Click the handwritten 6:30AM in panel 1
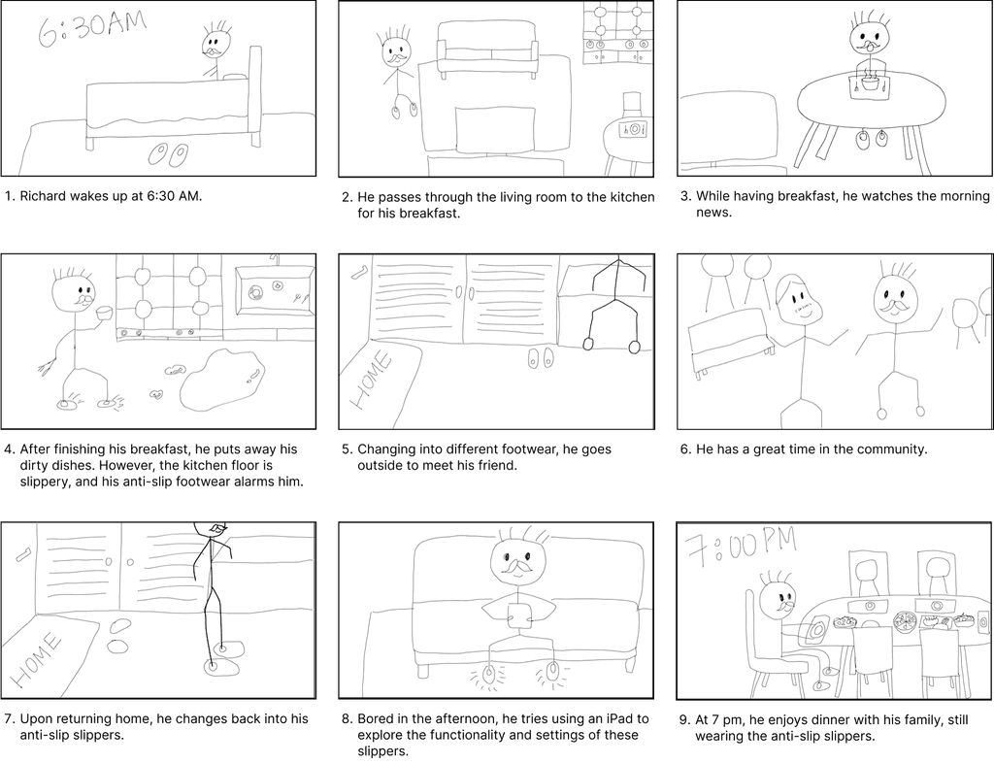tap(92, 27)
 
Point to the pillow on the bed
tap(235, 77)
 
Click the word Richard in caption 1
tap(43, 196)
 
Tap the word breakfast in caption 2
tap(428, 213)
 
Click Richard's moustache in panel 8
tap(517, 565)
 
